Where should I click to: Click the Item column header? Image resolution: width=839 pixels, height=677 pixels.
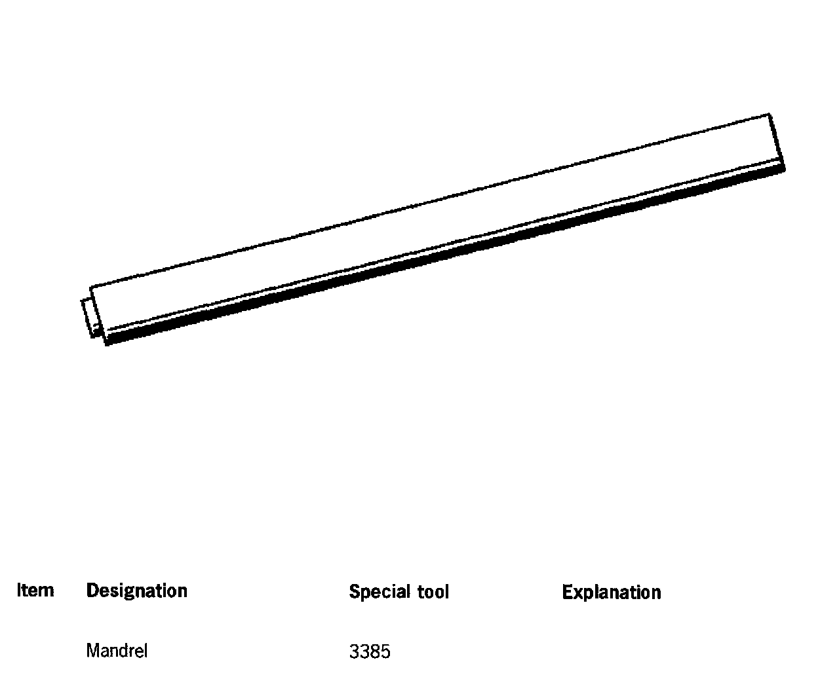(x=35, y=591)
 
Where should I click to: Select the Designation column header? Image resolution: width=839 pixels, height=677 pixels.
(x=136, y=591)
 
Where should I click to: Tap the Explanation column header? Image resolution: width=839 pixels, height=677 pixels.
(x=611, y=593)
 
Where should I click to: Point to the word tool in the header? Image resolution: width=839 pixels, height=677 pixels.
(x=433, y=592)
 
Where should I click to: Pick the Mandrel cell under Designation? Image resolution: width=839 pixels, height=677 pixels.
(x=117, y=651)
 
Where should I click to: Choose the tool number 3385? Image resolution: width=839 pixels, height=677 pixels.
(x=370, y=651)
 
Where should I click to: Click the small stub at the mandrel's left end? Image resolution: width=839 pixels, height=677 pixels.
(x=88, y=319)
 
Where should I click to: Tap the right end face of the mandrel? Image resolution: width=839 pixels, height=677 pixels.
(x=776, y=141)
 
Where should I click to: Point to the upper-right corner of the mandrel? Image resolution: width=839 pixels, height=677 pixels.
(x=769, y=115)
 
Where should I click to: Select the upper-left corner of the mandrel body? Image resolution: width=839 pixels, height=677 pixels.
(x=92, y=287)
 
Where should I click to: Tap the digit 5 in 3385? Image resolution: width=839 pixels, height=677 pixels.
(x=385, y=651)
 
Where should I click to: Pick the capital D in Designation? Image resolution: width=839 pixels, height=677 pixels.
(x=92, y=591)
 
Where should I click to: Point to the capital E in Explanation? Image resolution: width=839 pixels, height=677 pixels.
(x=567, y=593)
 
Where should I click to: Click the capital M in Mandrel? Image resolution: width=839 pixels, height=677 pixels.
(x=92, y=651)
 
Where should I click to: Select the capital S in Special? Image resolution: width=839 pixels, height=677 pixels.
(x=354, y=592)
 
